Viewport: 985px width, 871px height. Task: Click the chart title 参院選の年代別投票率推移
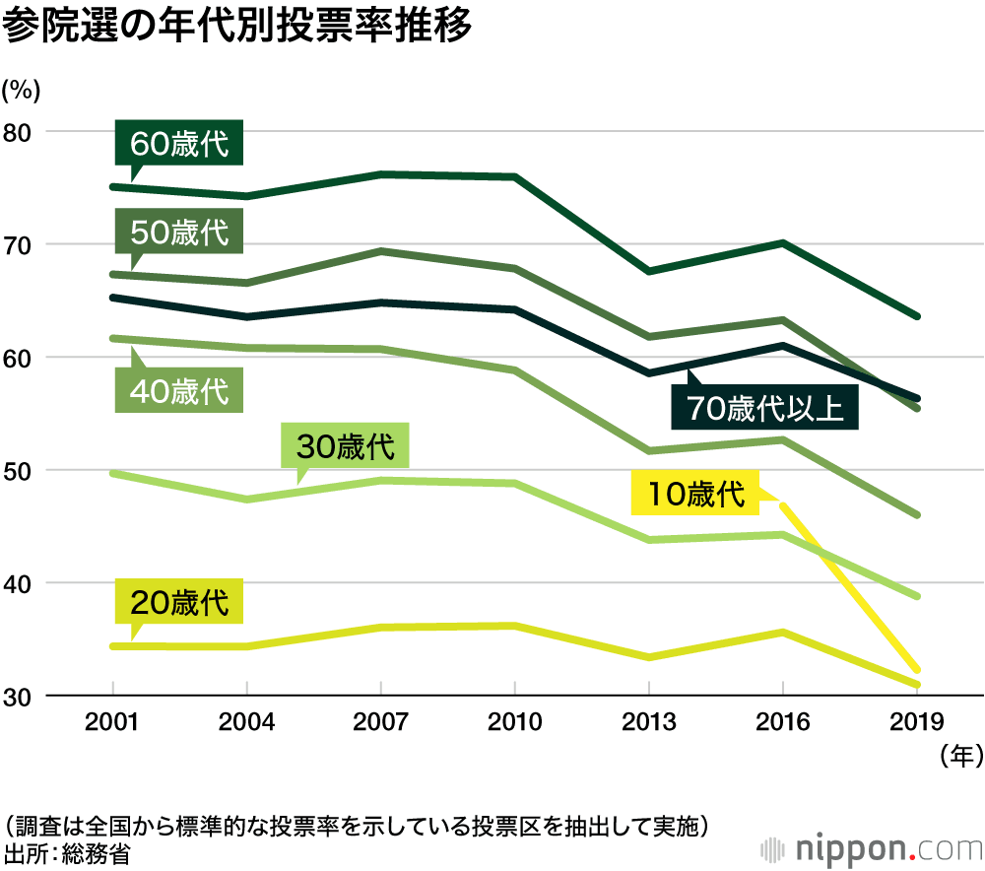point(237,26)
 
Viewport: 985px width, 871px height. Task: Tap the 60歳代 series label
point(179,145)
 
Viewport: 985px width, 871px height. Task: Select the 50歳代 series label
point(179,233)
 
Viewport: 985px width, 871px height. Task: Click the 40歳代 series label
point(179,391)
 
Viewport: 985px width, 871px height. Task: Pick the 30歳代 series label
point(345,447)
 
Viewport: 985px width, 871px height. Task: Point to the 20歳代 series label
point(179,602)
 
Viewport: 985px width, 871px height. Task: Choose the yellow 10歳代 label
point(695,494)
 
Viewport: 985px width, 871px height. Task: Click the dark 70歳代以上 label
point(764,408)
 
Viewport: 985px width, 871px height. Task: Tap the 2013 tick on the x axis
point(649,722)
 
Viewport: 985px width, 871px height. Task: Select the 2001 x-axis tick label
point(113,722)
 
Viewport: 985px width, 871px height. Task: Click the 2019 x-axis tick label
point(916,722)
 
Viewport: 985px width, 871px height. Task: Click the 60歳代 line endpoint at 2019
point(916,316)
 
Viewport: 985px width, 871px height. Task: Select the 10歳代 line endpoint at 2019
point(916,669)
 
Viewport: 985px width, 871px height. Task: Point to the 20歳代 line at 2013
point(649,657)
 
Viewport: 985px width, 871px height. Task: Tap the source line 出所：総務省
point(67,852)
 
